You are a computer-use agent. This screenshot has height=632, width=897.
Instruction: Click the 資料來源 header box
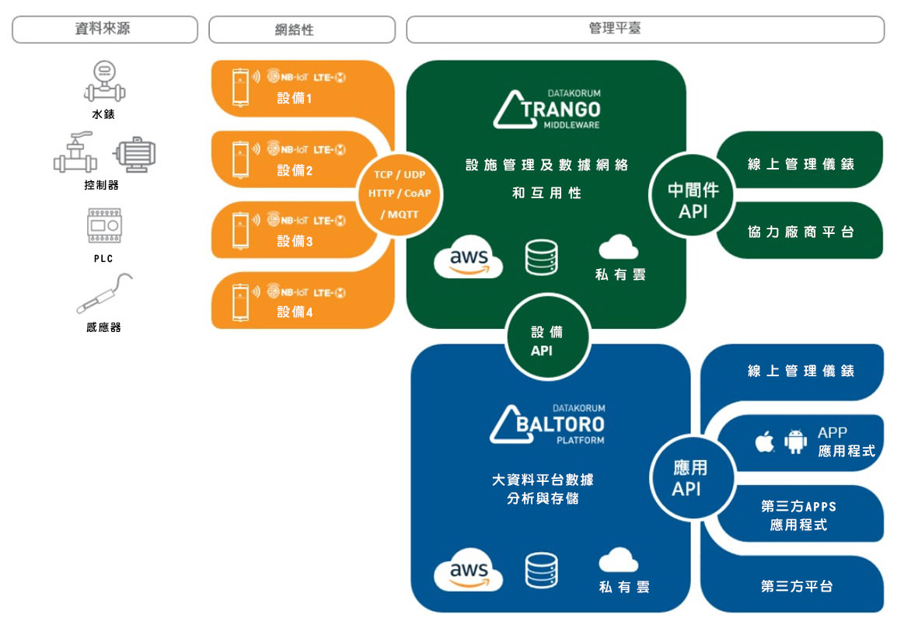click(x=105, y=30)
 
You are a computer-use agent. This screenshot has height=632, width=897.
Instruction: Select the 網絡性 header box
click(x=302, y=30)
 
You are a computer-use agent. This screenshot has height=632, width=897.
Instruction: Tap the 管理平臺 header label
click(x=615, y=28)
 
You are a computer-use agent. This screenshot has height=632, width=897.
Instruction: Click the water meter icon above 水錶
click(x=105, y=81)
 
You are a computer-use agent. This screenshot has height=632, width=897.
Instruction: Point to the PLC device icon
click(x=104, y=225)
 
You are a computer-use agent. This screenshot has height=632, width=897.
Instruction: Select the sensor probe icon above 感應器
click(x=105, y=293)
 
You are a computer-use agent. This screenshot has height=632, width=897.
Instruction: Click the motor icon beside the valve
click(x=135, y=154)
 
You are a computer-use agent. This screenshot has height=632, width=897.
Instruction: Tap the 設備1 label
click(x=295, y=99)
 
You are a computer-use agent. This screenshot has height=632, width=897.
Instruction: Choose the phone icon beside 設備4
click(x=241, y=302)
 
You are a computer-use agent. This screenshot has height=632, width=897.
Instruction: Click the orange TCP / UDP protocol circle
click(x=400, y=195)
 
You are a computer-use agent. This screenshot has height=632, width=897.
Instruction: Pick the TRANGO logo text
click(x=560, y=109)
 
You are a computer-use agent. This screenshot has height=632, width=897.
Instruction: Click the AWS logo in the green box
click(x=469, y=257)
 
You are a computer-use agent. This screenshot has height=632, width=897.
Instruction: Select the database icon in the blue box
click(x=541, y=571)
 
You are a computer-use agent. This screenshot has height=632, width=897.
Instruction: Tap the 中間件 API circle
click(x=693, y=195)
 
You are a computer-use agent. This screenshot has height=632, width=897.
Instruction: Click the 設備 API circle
click(x=547, y=337)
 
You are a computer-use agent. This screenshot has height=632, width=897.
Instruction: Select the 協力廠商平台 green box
click(x=801, y=231)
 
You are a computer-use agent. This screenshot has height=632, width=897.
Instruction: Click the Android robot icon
click(x=795, y=441)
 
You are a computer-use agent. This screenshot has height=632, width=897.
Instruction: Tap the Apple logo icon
click(x=765, y=441)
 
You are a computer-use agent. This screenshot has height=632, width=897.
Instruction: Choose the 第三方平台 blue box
click(x=795, y=585)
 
